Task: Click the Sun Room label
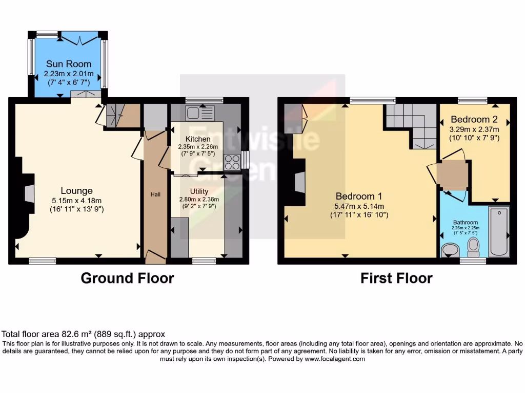point(69,64)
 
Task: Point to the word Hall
point(155,194)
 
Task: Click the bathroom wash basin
point(450,250)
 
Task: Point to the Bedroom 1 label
point(359,196)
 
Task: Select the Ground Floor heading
point(127,278)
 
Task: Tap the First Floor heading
point(396,278)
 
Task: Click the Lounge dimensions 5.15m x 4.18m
point(76,200)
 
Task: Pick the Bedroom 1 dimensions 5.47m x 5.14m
point(359,206)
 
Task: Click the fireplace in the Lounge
point(29,192)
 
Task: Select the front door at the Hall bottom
point(155,256)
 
